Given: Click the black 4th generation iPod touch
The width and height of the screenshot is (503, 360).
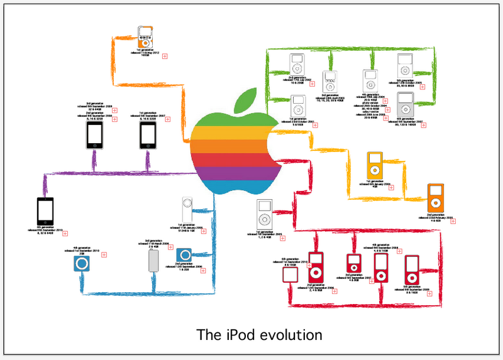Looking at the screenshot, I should click(47, 211).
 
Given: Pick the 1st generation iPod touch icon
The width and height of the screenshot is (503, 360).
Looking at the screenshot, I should click(147, 135).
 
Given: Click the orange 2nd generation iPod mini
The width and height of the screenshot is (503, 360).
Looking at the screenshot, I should click(436, 198).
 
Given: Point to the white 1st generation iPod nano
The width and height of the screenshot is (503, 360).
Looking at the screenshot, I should click(265, 215).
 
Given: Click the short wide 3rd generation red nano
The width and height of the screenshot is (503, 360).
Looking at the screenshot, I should click(353, 263).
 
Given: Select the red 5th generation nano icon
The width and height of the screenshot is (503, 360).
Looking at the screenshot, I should click(412, 269).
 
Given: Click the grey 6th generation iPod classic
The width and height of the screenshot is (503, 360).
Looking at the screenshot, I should click(406, 104).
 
